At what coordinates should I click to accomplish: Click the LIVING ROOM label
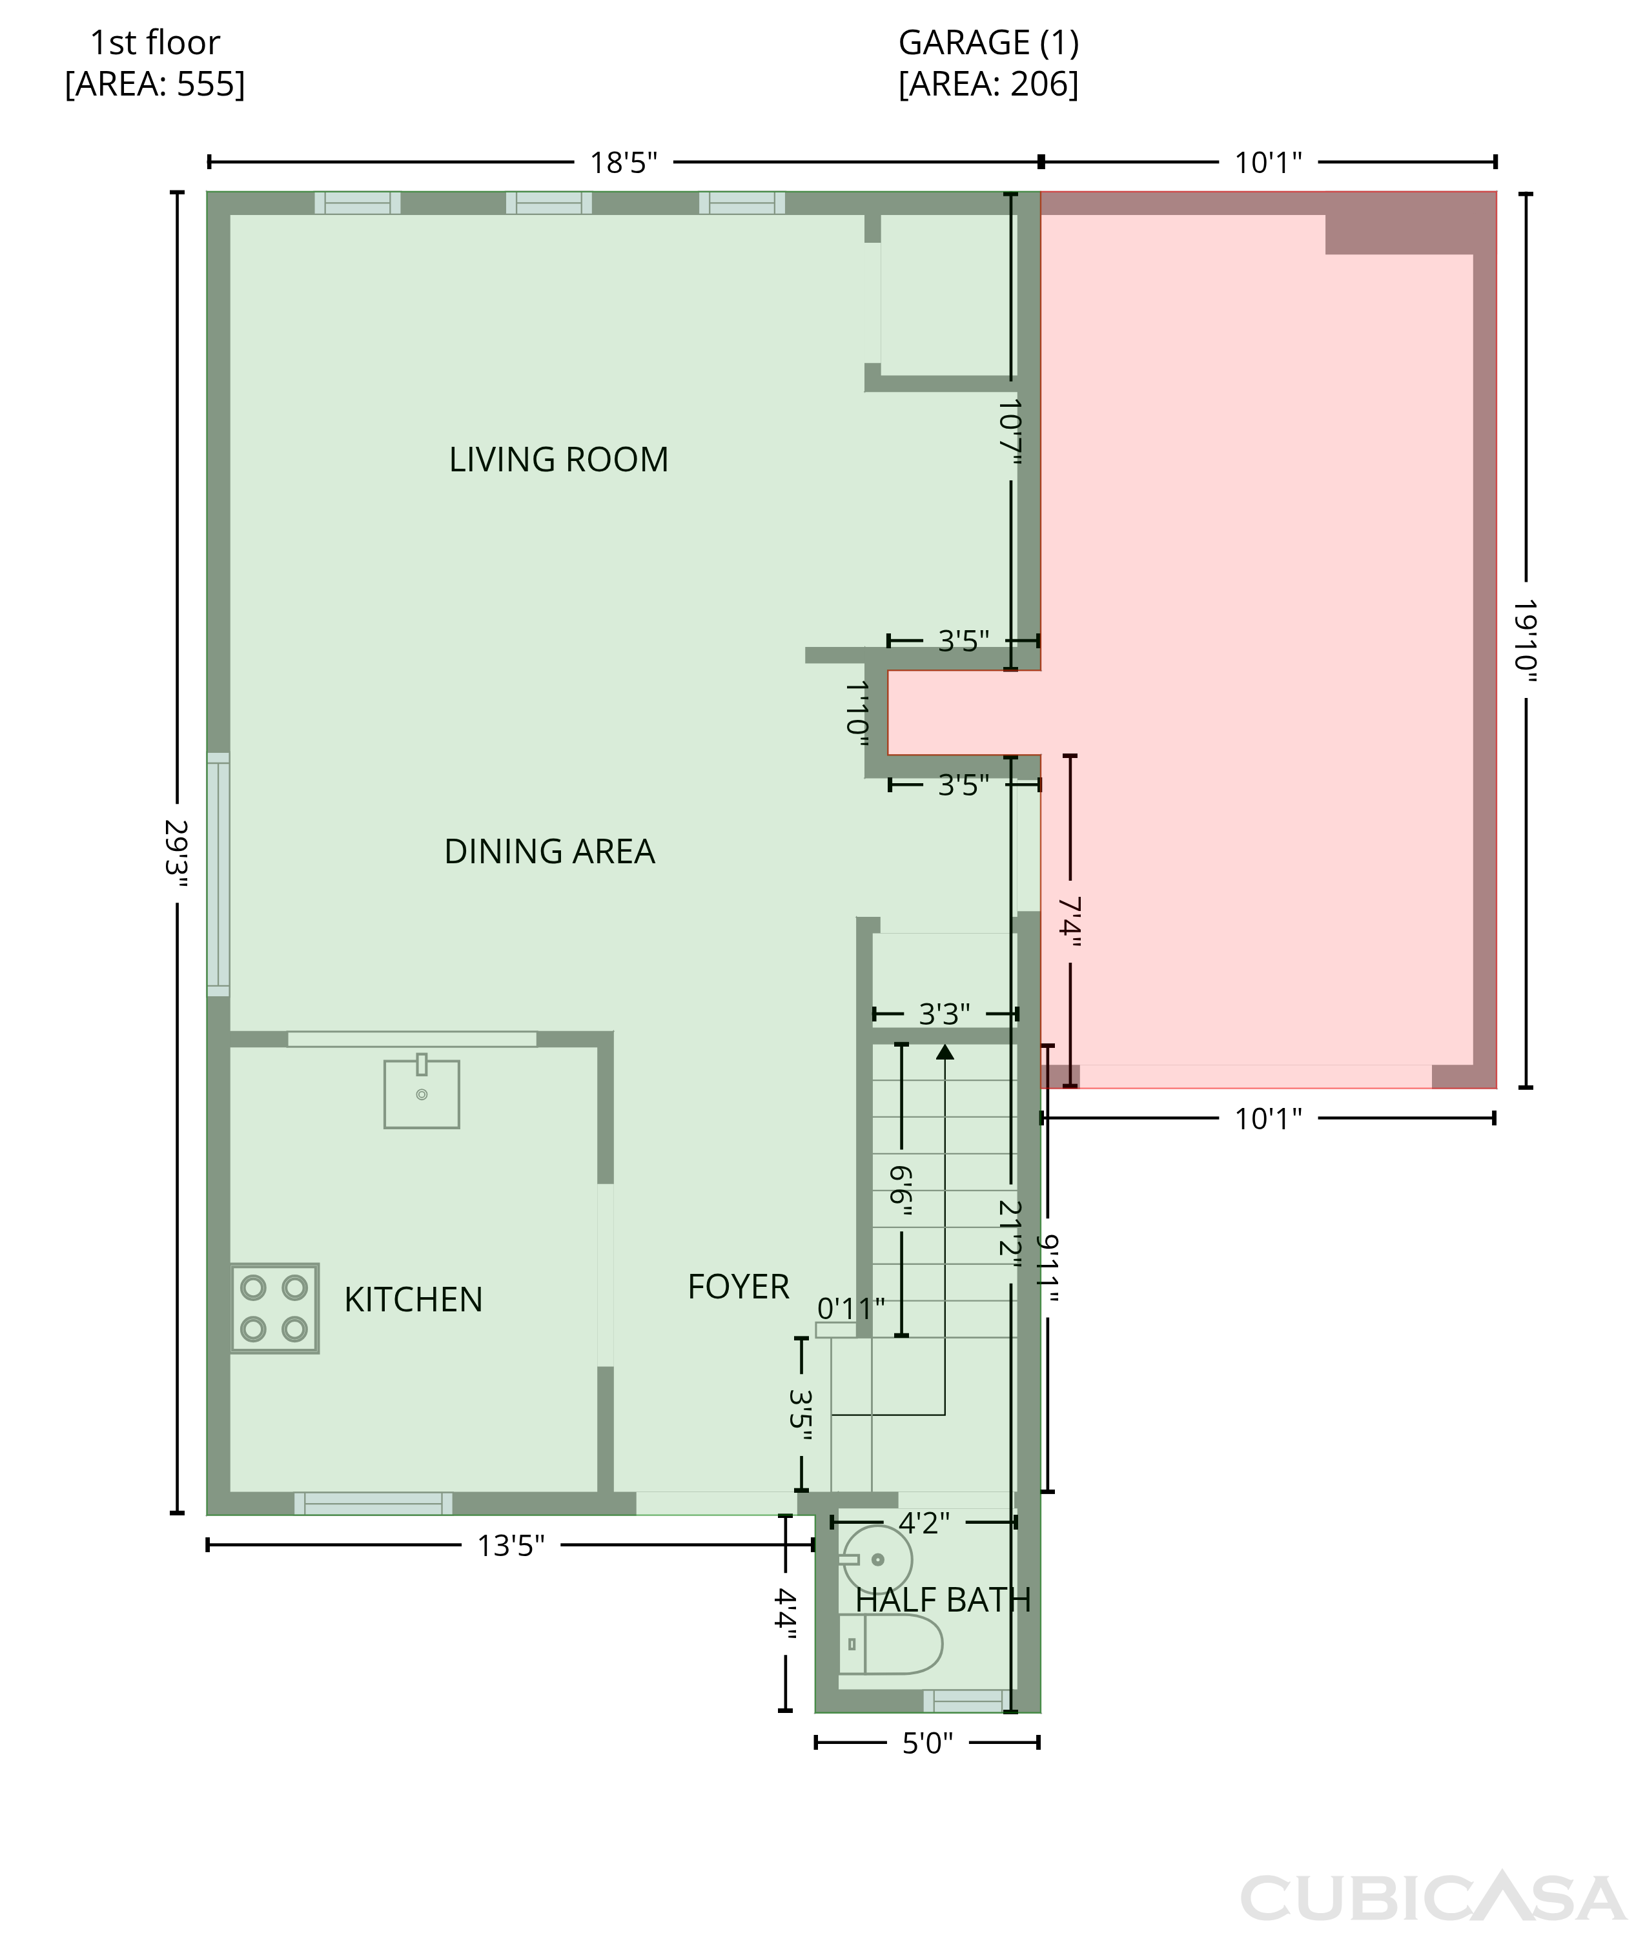click(558, 460)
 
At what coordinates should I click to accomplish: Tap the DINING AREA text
click(549, 852)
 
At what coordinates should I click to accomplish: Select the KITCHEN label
click(413, 1299)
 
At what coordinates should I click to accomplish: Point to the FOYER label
click(739, 1286)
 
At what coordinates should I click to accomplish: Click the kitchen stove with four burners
click(275, 1307)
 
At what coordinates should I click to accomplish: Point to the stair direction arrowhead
click(945, 1051)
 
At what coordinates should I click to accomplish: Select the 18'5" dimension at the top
click(624, 163)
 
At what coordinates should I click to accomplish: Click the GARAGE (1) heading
click(988, 42)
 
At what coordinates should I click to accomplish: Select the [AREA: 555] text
click(155, 84)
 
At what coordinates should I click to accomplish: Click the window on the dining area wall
click(218, 874)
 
